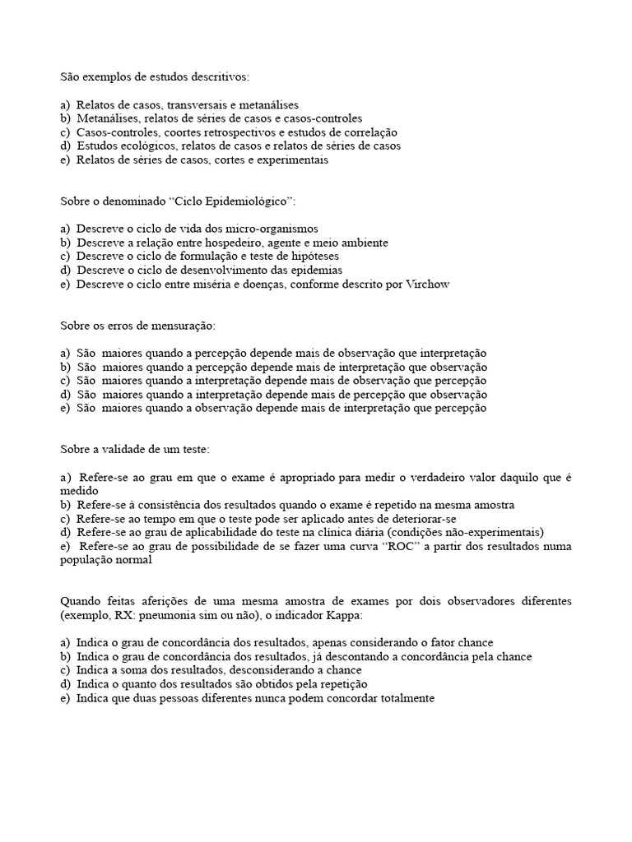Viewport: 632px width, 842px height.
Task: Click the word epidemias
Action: pyautogui.click(x=314, y=271)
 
